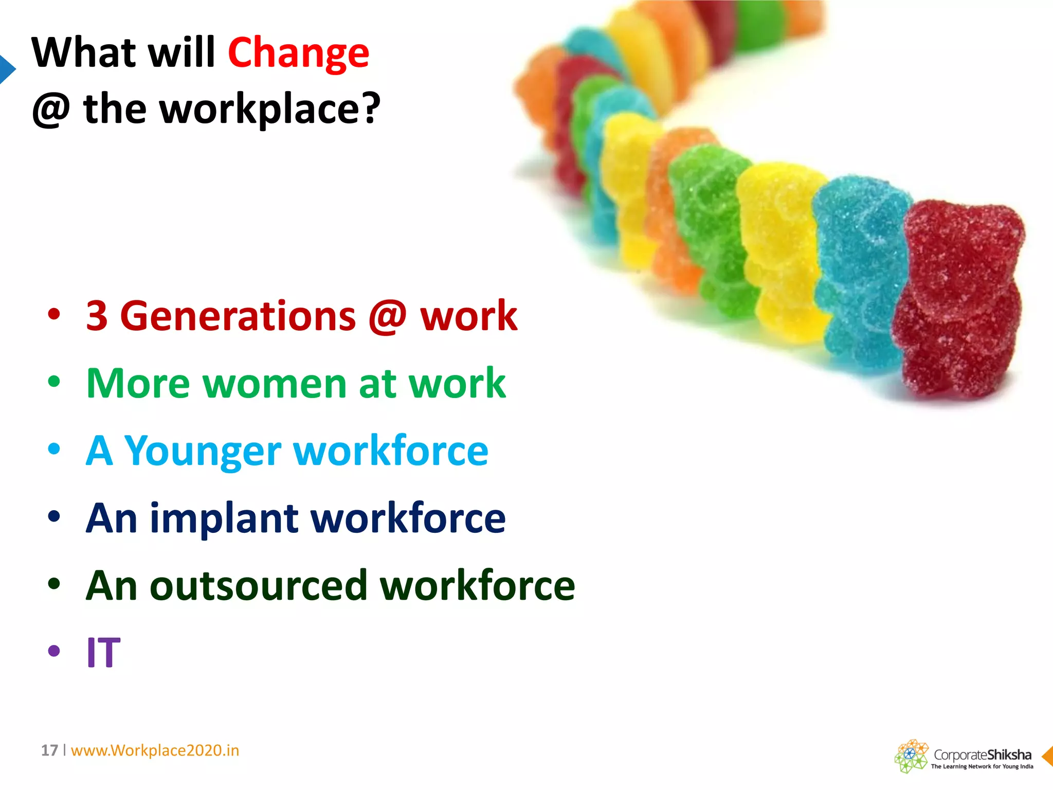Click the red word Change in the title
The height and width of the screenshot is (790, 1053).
[298, 53]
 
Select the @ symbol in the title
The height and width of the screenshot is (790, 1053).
[51, 110]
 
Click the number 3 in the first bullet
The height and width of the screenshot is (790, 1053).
[97, 316]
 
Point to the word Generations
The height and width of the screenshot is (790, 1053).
[238, 316]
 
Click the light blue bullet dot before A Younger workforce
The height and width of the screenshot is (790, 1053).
[54, 449]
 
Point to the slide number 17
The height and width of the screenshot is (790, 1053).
[49, 750]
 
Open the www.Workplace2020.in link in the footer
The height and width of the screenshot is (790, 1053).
[155, 750]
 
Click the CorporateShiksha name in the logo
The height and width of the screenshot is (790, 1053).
[982, 755]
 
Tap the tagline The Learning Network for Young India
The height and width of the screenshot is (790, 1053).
[982, 766]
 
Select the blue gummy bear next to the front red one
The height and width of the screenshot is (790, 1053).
[859, 273]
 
